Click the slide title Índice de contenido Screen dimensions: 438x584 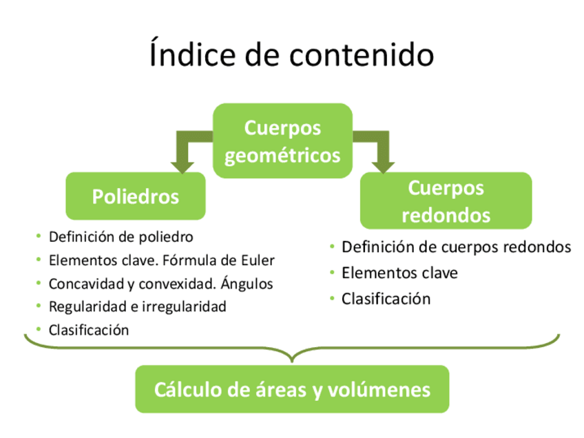[291, 55]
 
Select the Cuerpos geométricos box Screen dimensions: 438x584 [282, 141]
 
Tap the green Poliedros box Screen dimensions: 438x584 [136, 196]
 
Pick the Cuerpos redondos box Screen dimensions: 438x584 [446, 201]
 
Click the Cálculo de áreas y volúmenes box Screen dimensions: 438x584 [292, 390]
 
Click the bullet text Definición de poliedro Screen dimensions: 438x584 [121, 237]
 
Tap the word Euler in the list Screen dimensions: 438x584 [258, 260]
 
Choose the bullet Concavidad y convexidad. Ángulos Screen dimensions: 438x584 [160, 284]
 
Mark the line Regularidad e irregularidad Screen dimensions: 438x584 [137, 306]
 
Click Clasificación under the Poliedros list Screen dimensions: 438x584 [89, 330]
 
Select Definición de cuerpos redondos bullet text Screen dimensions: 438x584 [456, 247]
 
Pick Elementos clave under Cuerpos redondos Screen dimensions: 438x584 [399, 273]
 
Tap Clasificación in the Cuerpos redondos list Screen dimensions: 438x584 [386, 299]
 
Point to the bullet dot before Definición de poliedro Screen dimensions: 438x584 [39, 237]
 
